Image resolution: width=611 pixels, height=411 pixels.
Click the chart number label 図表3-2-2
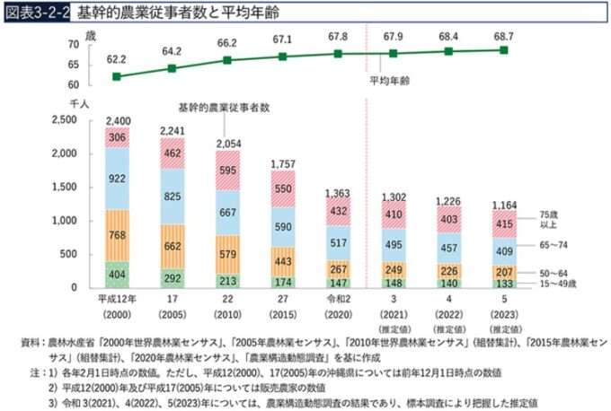[x=36, y=13]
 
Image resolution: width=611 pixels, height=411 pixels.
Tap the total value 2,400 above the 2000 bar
[x=118, y=120]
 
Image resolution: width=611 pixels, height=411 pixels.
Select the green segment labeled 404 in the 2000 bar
[x=118, y=275]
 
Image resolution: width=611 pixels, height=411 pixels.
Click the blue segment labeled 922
[x=118, y=179]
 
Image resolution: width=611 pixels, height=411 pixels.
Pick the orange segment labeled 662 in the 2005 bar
[x=174, y=245]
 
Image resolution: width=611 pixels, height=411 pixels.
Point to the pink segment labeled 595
[x=229, y=171]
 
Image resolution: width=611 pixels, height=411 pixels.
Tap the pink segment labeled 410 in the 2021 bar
[x=394, y=214]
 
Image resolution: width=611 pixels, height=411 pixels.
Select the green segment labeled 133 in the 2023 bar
[x=504, y=283]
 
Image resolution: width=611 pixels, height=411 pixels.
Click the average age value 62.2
[x=118, y=58]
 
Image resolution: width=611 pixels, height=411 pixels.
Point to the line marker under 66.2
[x=228, y=60]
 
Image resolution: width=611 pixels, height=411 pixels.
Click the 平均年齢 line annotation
[x=389, y=80]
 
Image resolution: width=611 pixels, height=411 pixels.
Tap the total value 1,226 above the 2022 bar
[x=449, y=199]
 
